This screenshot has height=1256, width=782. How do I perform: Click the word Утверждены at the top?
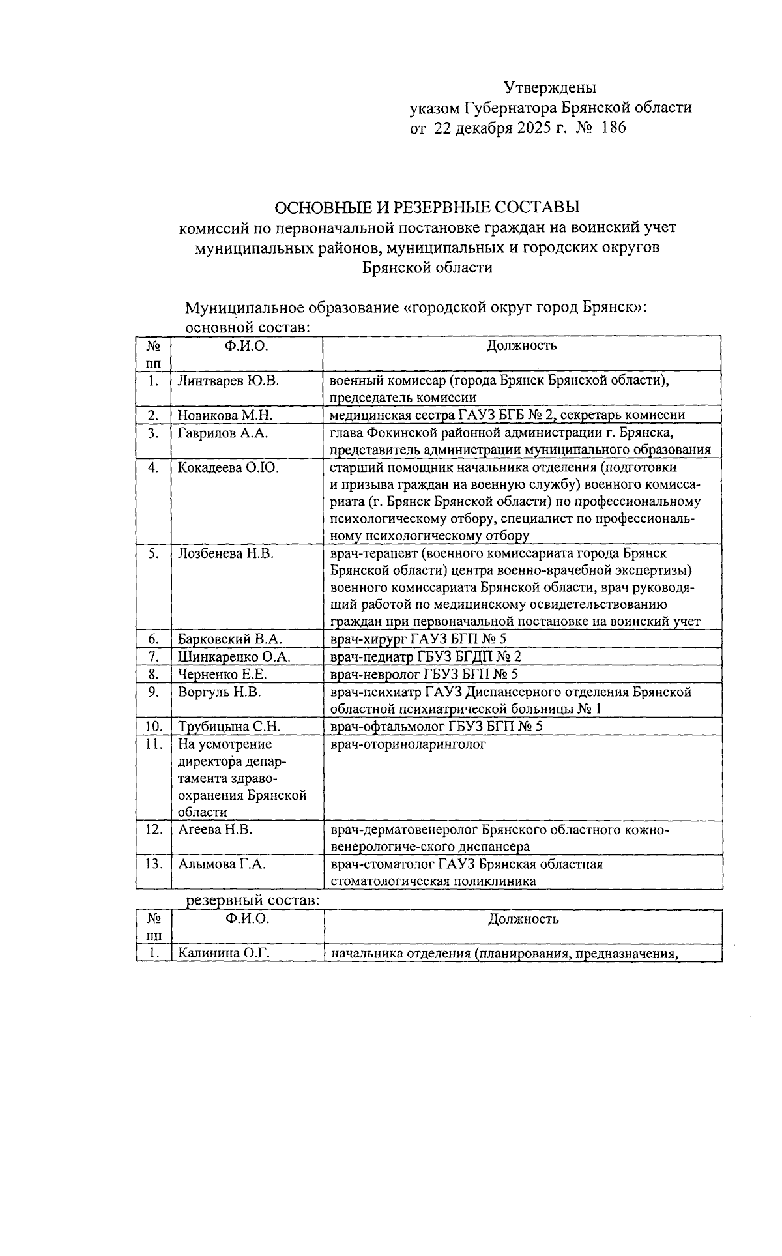[550, 87]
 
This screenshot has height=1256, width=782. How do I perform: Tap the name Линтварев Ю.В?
[228, 381]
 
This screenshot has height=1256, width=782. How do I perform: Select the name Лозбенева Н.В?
[225, 553]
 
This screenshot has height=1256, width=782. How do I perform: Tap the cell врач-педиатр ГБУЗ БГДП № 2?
[426, 657]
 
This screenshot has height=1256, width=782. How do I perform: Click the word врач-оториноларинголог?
[408, 744]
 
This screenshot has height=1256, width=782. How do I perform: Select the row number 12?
[154, 830]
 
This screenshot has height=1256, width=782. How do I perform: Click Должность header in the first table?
[521, 345]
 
